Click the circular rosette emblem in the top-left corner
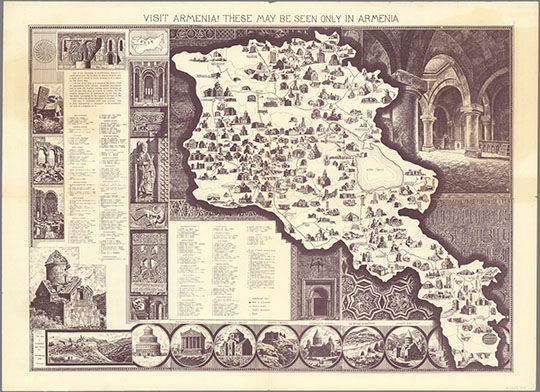coord(45,51)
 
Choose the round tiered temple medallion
coord(150,346)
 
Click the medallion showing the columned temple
coord(192,346)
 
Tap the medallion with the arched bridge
coord(278,346)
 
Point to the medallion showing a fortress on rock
coord(321,346)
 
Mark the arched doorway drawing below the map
coord(319,294)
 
